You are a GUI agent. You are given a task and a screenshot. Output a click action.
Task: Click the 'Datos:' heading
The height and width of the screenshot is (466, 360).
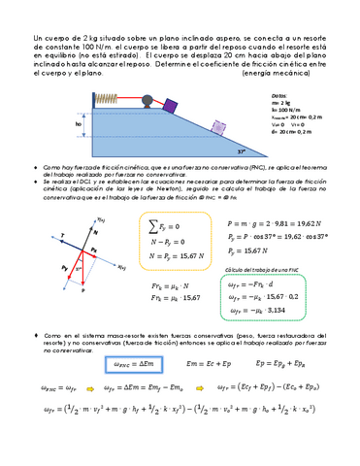click(279, 98)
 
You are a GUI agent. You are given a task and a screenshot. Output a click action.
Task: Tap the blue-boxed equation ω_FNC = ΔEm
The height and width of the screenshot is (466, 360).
click(131, 363)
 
